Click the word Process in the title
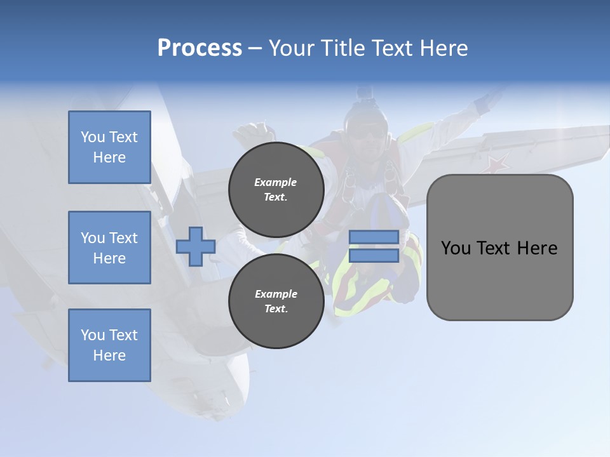(x=200, y=48)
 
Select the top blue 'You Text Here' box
(x=109, y=147)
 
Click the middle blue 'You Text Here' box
(x=109, y=248)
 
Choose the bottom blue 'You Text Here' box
(x=109, y=345)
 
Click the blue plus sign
(x=196, y=246)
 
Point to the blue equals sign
(x=374, y=246)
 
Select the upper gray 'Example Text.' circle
(x=276, y=189)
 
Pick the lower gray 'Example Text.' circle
(x=276, y=301)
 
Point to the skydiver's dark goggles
(x=367, y=132)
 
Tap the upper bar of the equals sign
(x=374, y=237)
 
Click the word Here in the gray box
(x=537, y=248)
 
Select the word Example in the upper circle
(x=276, y=182)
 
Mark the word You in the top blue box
(x=92, y=137)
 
